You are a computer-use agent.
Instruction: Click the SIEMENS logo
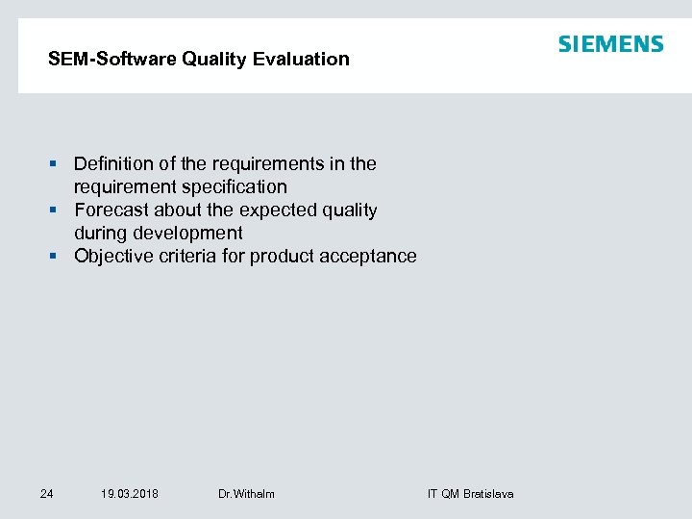(610, 44)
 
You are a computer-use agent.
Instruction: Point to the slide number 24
(46, 494)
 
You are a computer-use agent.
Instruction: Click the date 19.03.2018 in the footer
(130, 494)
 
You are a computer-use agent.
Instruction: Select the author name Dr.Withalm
(246, 494)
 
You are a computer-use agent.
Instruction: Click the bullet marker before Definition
(60, 164)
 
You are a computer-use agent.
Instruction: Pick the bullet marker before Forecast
(60, 210)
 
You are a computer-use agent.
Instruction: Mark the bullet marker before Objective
(60, 257)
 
